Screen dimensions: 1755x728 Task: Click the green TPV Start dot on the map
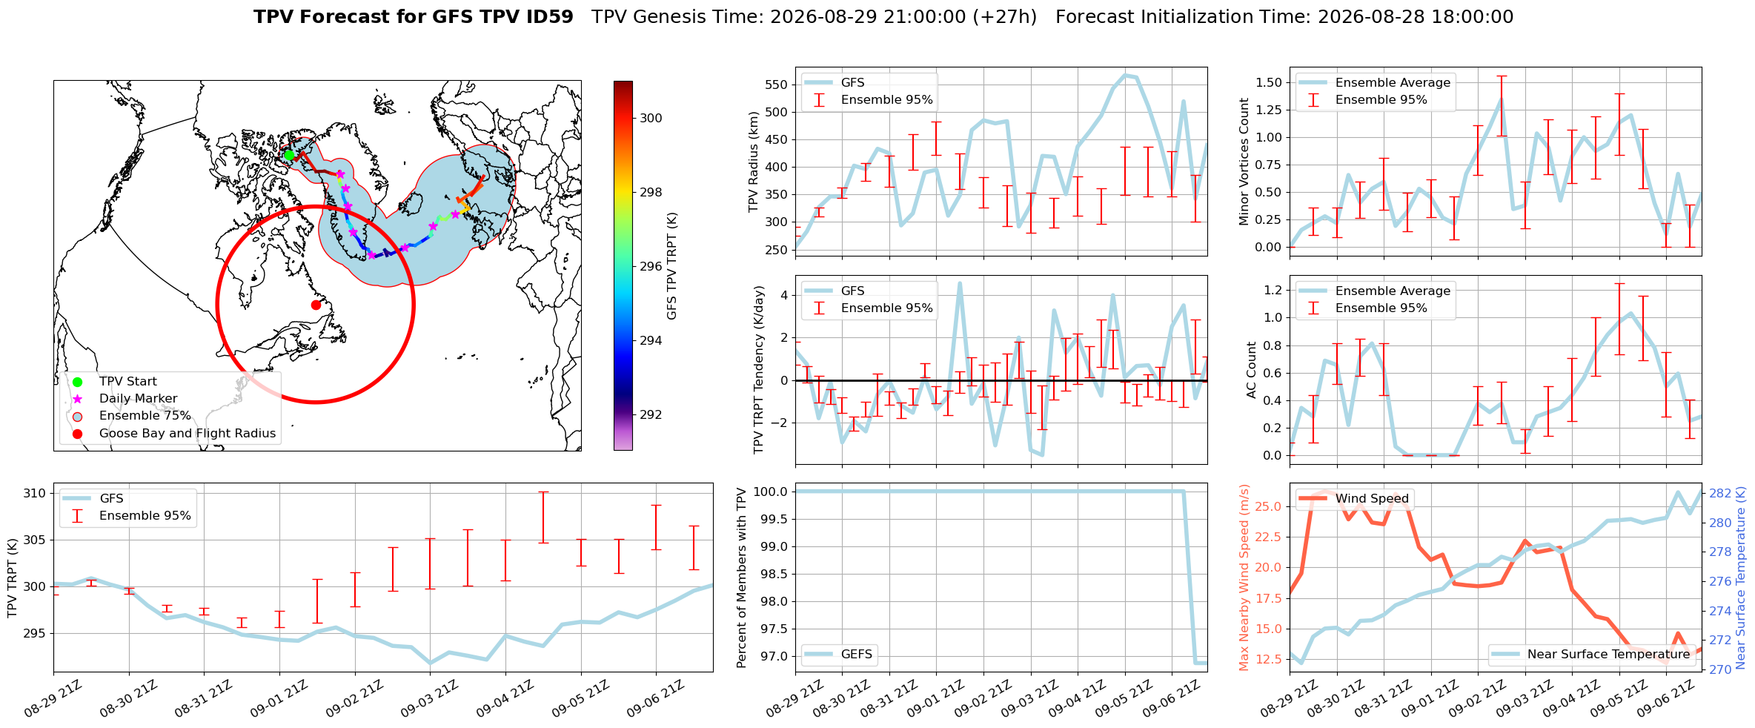(x=289, y=155)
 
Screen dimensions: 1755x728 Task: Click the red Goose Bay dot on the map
(x=316, y=305)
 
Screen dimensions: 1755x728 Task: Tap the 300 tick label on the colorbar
(x=651, y=118)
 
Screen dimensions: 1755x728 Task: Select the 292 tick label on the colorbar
(x=651, y=414)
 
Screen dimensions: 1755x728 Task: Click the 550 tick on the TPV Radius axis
(x=776, y=85)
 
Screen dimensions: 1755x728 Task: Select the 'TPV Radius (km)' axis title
(x=754, y=162)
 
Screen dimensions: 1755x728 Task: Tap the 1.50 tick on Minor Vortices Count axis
(x=1269, y=82)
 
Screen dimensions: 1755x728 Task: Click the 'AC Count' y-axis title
(x=1252, y=370)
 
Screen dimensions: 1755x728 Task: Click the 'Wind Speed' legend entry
(x=1355, y=499)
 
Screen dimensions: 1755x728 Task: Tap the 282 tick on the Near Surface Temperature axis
(x=1720, y=493)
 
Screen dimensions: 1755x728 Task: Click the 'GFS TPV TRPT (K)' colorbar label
(x=672, y=266)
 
